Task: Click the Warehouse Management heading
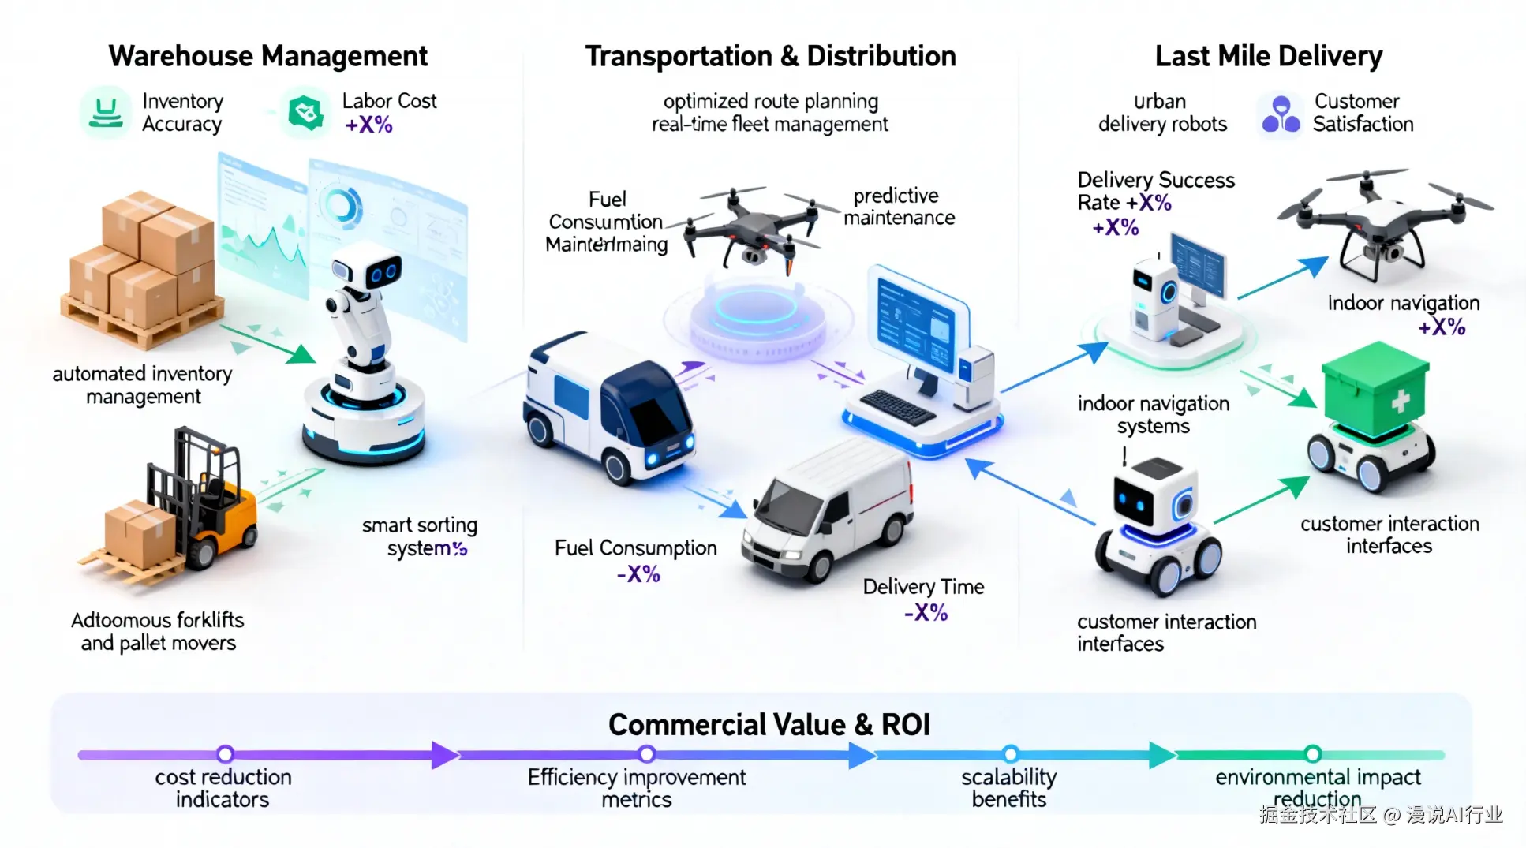pyautogui.click(x=267, y=56)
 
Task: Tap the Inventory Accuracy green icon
pyautogui.click(x=105, y=113)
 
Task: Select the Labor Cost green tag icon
pyautogui.click(x=306, y=113)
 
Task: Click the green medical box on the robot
pyautogui.click(x=1375, y=391)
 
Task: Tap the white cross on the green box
pyautogui.click(x=1400, y=402)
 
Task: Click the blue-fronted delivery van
pyautogui.click(x=608, y=406)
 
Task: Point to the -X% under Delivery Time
pyautogui.click(x=926, y=613)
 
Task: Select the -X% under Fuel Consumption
pyautogui.click(x=638, y=574)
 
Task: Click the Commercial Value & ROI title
pyautogui.click(x=769, y=724)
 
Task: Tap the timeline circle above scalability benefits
pyautogui.click(x=1010, y=754)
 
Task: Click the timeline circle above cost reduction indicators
pyautogui.click(x=225, y=754)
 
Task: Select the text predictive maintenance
pyautogui.click(x=899, y=207)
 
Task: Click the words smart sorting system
pyautogui.click(x=420, y=536)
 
